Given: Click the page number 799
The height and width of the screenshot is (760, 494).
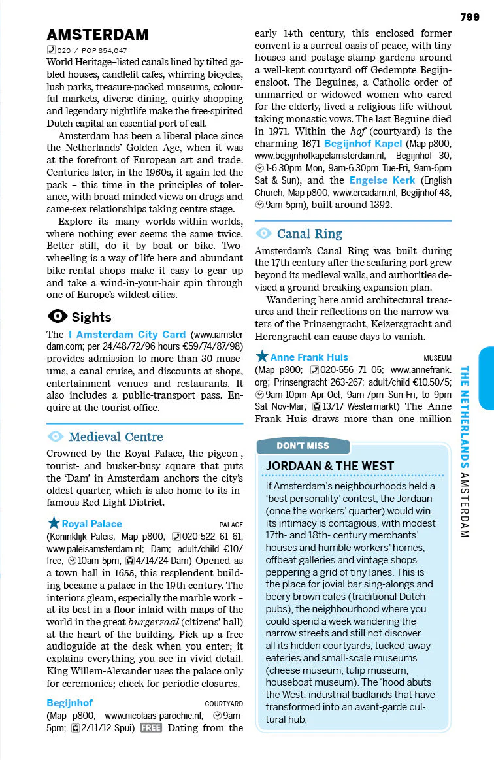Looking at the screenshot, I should pos(469,17).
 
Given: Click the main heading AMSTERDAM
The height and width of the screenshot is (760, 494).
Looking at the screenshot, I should pos(97,35).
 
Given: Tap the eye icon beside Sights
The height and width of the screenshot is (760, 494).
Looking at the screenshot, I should pos(58,317).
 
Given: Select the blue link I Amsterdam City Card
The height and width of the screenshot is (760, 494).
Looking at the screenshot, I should pos(127,334).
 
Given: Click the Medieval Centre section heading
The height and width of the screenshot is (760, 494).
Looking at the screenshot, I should pos(116,437).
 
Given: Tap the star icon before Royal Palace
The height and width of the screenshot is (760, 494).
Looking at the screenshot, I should pos(53,523).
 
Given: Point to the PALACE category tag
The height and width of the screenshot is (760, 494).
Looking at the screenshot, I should pos(231,525).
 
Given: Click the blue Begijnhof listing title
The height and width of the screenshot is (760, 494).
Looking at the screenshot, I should pos(70,702).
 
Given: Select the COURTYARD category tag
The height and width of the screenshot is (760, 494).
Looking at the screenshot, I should pos(223,704).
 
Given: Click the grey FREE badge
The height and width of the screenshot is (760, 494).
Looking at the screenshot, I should pos(150,727).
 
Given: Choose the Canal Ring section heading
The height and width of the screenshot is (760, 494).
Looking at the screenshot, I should pos(309,233).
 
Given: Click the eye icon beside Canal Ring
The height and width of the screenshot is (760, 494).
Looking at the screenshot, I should pos(264,233).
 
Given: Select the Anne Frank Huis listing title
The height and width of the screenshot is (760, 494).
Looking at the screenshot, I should pos(309,357).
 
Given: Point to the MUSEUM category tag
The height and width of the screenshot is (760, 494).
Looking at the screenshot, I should pos(437,358).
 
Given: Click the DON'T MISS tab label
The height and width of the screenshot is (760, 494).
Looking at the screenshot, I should pos(303,446).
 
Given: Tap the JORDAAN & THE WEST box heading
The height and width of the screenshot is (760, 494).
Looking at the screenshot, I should pos(330,465).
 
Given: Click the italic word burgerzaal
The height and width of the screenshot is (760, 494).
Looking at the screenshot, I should pos(157,621).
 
